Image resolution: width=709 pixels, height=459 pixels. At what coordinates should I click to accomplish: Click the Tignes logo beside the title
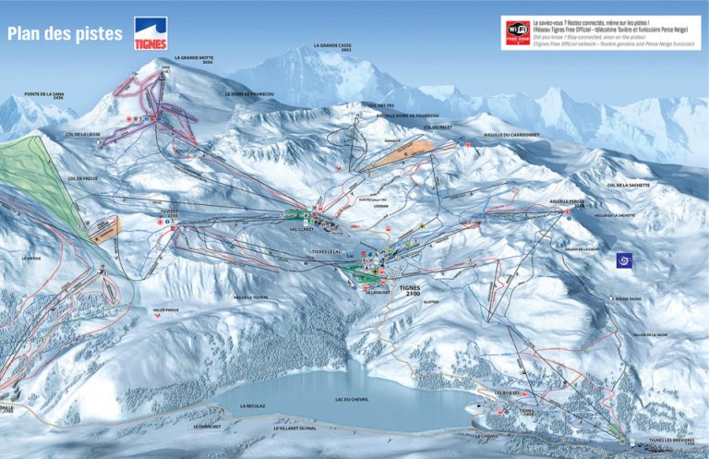(x=151, y=31)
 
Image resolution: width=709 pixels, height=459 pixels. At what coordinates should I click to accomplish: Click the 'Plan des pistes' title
(x=65, y=34)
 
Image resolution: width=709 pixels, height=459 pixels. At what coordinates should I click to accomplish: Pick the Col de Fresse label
(x=82, y=177)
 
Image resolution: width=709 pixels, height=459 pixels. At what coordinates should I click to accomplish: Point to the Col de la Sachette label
(x=627, y=186)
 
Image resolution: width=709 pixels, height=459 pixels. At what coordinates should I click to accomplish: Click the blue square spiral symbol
(x=626, y=261)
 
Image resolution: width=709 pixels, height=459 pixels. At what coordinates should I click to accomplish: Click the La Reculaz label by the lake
(x=252, y=405)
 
